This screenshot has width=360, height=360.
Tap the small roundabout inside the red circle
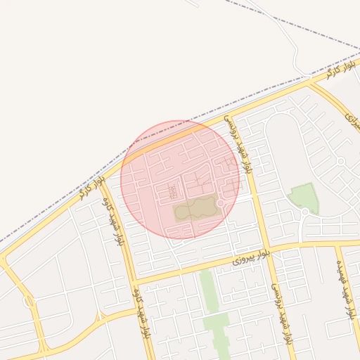(x=220, y=203)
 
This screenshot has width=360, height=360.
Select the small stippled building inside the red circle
(x=172, y=191)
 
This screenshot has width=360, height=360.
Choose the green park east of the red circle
(x=304, y=197)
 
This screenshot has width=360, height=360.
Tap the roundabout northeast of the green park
(x=340, y=161)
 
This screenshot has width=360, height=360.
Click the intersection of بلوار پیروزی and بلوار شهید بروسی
(x=265, y=249)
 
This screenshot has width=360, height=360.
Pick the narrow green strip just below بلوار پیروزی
(x=207, y=289)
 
